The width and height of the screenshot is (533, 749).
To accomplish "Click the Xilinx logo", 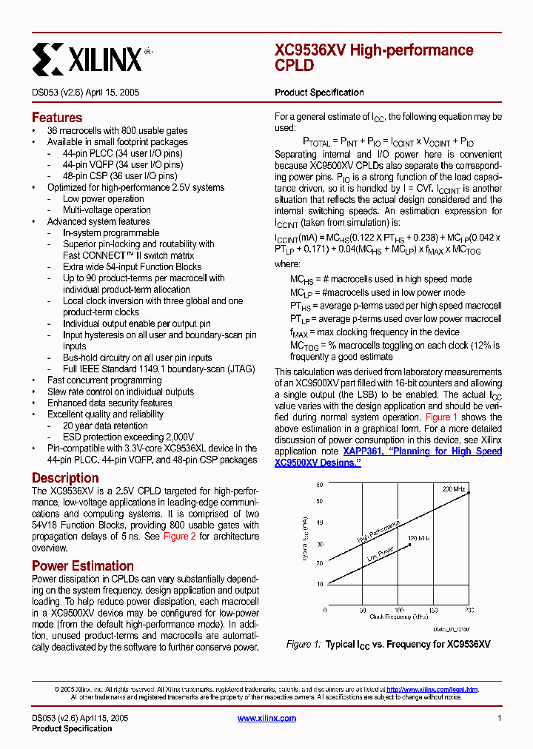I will [x=87, y=58].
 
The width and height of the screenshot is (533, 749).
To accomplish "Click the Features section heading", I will [x=57, y=118].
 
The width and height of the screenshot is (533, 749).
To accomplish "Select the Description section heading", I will [x=65, y=478].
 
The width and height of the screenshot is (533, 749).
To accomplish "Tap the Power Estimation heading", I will [x=81, y=566].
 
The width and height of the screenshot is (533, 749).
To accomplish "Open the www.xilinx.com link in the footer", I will [x=266, y=718].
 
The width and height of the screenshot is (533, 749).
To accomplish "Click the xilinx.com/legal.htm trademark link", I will [x=432, y=689].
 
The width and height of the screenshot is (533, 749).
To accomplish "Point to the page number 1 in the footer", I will [x=500, y=718].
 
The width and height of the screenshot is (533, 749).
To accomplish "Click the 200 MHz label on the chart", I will [x=455, y=490].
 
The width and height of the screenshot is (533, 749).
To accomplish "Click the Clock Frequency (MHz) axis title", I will [x=400, y=616].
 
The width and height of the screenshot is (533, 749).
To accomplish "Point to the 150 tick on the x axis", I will [x=434, y=611].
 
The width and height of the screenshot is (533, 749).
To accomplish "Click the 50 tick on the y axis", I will [x=320, y=502].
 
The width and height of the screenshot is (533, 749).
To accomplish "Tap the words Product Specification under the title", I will [x=319, y=93].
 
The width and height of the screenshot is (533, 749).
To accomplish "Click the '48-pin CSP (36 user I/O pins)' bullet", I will [x=120, y=176].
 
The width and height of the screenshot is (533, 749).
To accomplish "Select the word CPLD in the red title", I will [x=294, y=65].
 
